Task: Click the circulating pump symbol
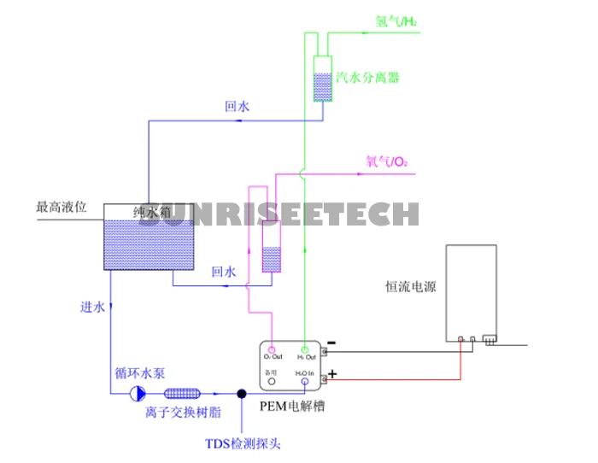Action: [137, 393]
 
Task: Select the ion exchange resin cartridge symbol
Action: [181, 393]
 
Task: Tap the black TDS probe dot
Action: [242, 394]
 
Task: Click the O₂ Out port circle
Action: [272, 349]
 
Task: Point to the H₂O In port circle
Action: [305, 382]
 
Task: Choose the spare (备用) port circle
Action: [272, 382]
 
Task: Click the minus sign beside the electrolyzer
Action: [331, 343]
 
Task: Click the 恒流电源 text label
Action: [411, 287]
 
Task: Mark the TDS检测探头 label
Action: [243, 443]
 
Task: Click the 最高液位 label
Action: [62, 207]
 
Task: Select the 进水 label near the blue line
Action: [92, 308]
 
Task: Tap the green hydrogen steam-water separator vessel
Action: [323, 79]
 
